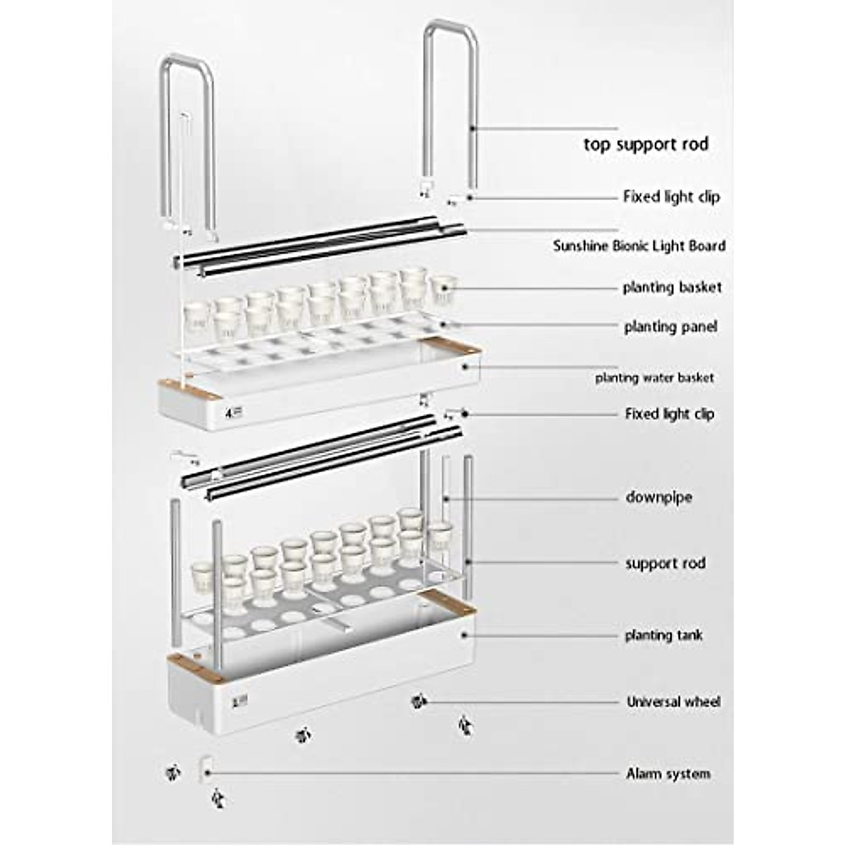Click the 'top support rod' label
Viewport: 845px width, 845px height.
pos(645,144)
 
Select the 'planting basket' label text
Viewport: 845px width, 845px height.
pos(672,287)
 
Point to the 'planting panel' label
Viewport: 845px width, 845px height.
pos(670,327)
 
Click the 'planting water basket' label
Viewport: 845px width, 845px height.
pos(654,378)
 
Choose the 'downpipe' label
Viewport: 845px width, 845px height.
pos(658,497)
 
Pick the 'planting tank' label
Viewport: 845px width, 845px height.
pos(663,635)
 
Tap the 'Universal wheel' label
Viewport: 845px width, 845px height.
pos(673,702)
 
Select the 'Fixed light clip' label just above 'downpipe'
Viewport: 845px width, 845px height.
pos(669,414)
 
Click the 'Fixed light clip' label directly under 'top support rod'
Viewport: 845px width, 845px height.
pos(671,196)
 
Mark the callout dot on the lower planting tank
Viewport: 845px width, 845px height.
pos(465,634)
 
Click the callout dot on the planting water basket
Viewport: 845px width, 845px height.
pos(465,367)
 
